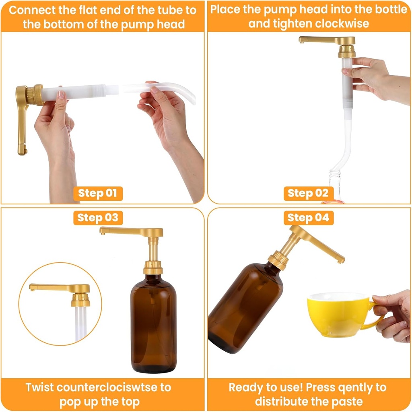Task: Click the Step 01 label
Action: [x=98, y=193]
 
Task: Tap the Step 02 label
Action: [x=308, y=193]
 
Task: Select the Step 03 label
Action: [x=98, y=218]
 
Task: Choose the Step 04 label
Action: [x=308, y=218]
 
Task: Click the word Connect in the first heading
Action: [x=32, y=10]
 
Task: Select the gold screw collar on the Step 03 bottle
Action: [x=153, y=268]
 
